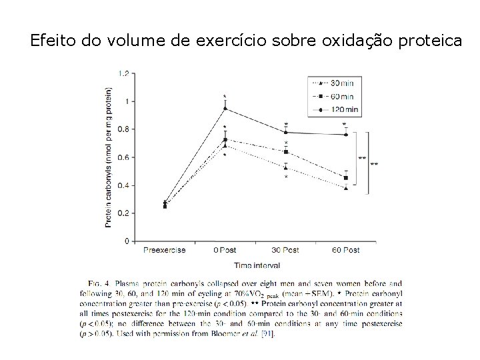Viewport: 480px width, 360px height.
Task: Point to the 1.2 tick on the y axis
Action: [124, 73]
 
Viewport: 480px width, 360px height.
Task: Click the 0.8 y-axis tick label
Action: [124, 129]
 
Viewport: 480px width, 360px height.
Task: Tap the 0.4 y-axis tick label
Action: [124, 185]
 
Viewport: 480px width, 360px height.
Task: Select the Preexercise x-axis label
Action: [164, 250]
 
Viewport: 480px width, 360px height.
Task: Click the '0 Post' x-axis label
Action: [225, 250]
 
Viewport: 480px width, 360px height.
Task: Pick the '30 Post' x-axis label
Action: [285, 250]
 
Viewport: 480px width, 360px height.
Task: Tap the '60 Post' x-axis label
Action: [345, 250]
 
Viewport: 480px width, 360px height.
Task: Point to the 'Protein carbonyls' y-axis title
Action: [108, 157]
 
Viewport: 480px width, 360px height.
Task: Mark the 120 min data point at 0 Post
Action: [225, 108]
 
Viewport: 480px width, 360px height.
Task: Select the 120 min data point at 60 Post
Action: [345, 135]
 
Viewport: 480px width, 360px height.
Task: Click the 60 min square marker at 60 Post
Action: [345, 178]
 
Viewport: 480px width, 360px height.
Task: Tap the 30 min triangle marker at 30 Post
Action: [285, 167]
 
